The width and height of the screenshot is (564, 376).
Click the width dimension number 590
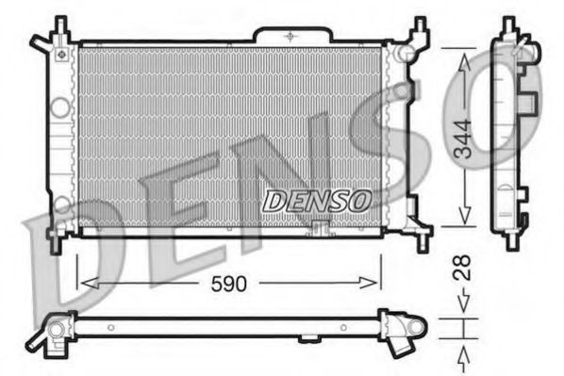point(226,281)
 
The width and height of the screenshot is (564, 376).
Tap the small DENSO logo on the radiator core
point(316,200)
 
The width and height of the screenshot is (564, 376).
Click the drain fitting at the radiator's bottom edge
point(319,228)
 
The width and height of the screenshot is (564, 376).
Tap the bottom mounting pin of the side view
point(510,243)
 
